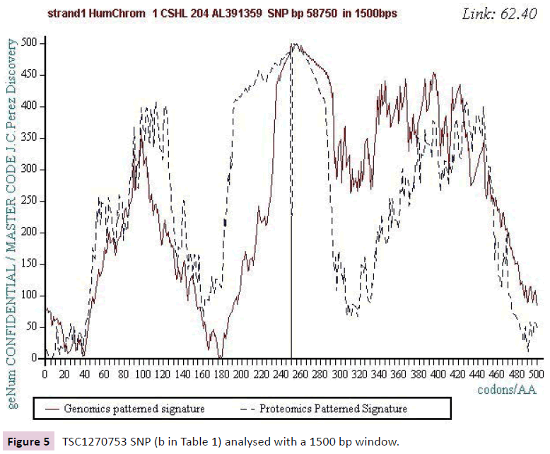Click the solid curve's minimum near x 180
click(220, 357)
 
